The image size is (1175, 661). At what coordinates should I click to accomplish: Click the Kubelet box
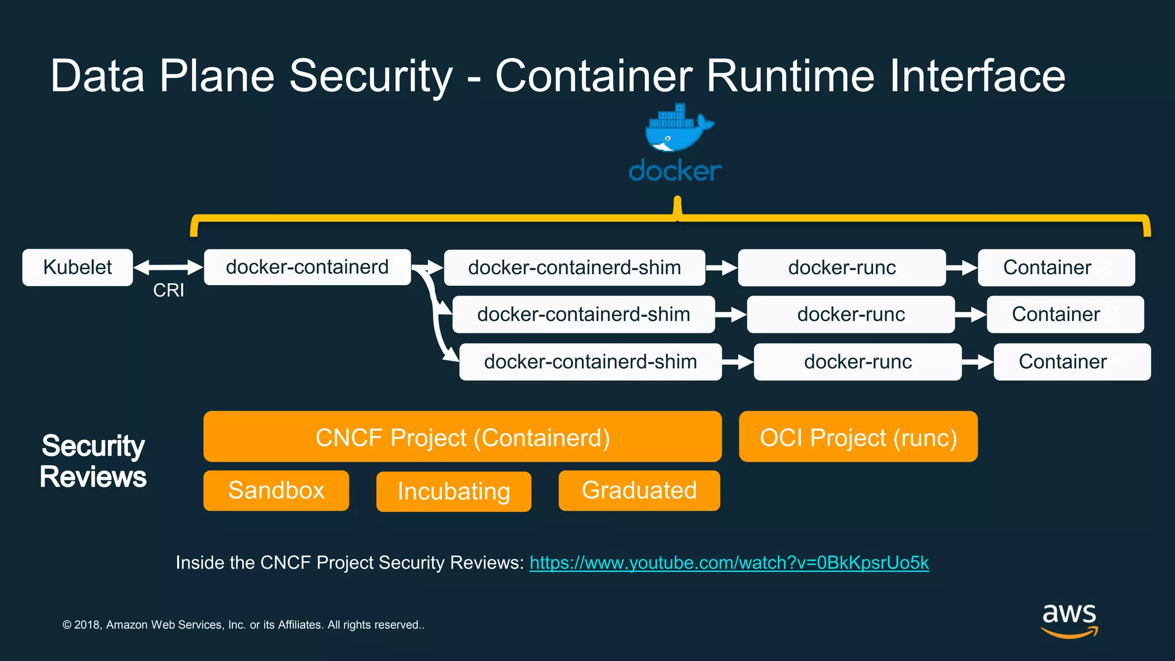click(x=77, y=267)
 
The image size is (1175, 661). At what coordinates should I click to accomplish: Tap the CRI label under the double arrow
click(x=169, y=290)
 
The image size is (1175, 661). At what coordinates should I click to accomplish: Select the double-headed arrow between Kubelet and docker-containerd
click(x=168, y=267)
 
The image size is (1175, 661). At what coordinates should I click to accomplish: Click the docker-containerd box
click(x=307, y=267)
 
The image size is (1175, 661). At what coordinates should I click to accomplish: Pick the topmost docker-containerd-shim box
click(x=574, y=267)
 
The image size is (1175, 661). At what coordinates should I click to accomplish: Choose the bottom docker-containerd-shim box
click(x=590, y=362)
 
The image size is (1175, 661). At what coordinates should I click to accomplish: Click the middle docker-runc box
click(x=851, y=314)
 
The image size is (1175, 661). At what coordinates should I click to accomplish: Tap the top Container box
click(x=1056, y=267)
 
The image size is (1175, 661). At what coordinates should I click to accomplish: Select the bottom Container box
click(x=1072, y=362)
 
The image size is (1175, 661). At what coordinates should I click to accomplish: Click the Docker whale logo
click(x=677, y=129)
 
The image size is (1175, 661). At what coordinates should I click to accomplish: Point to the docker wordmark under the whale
click(x=675, y=171)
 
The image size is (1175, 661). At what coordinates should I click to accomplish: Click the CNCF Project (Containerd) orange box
click(x=462, y=437)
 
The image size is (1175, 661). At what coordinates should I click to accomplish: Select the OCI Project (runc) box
click(x=858, y=437)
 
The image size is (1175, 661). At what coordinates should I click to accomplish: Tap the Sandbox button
click(x=276, y=491)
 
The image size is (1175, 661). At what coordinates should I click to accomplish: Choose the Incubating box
click(x=453, y=492)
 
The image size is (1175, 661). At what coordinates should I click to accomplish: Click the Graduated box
click(x=639, y=491)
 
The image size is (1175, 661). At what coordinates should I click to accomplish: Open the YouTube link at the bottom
click(x=729, y=563)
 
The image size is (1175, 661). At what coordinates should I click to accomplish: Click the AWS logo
click(x=1069, y=620)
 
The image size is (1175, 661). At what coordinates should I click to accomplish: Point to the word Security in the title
click(x=371, y=76)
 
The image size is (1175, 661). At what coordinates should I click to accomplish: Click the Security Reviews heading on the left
click(x=93, y=461)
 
